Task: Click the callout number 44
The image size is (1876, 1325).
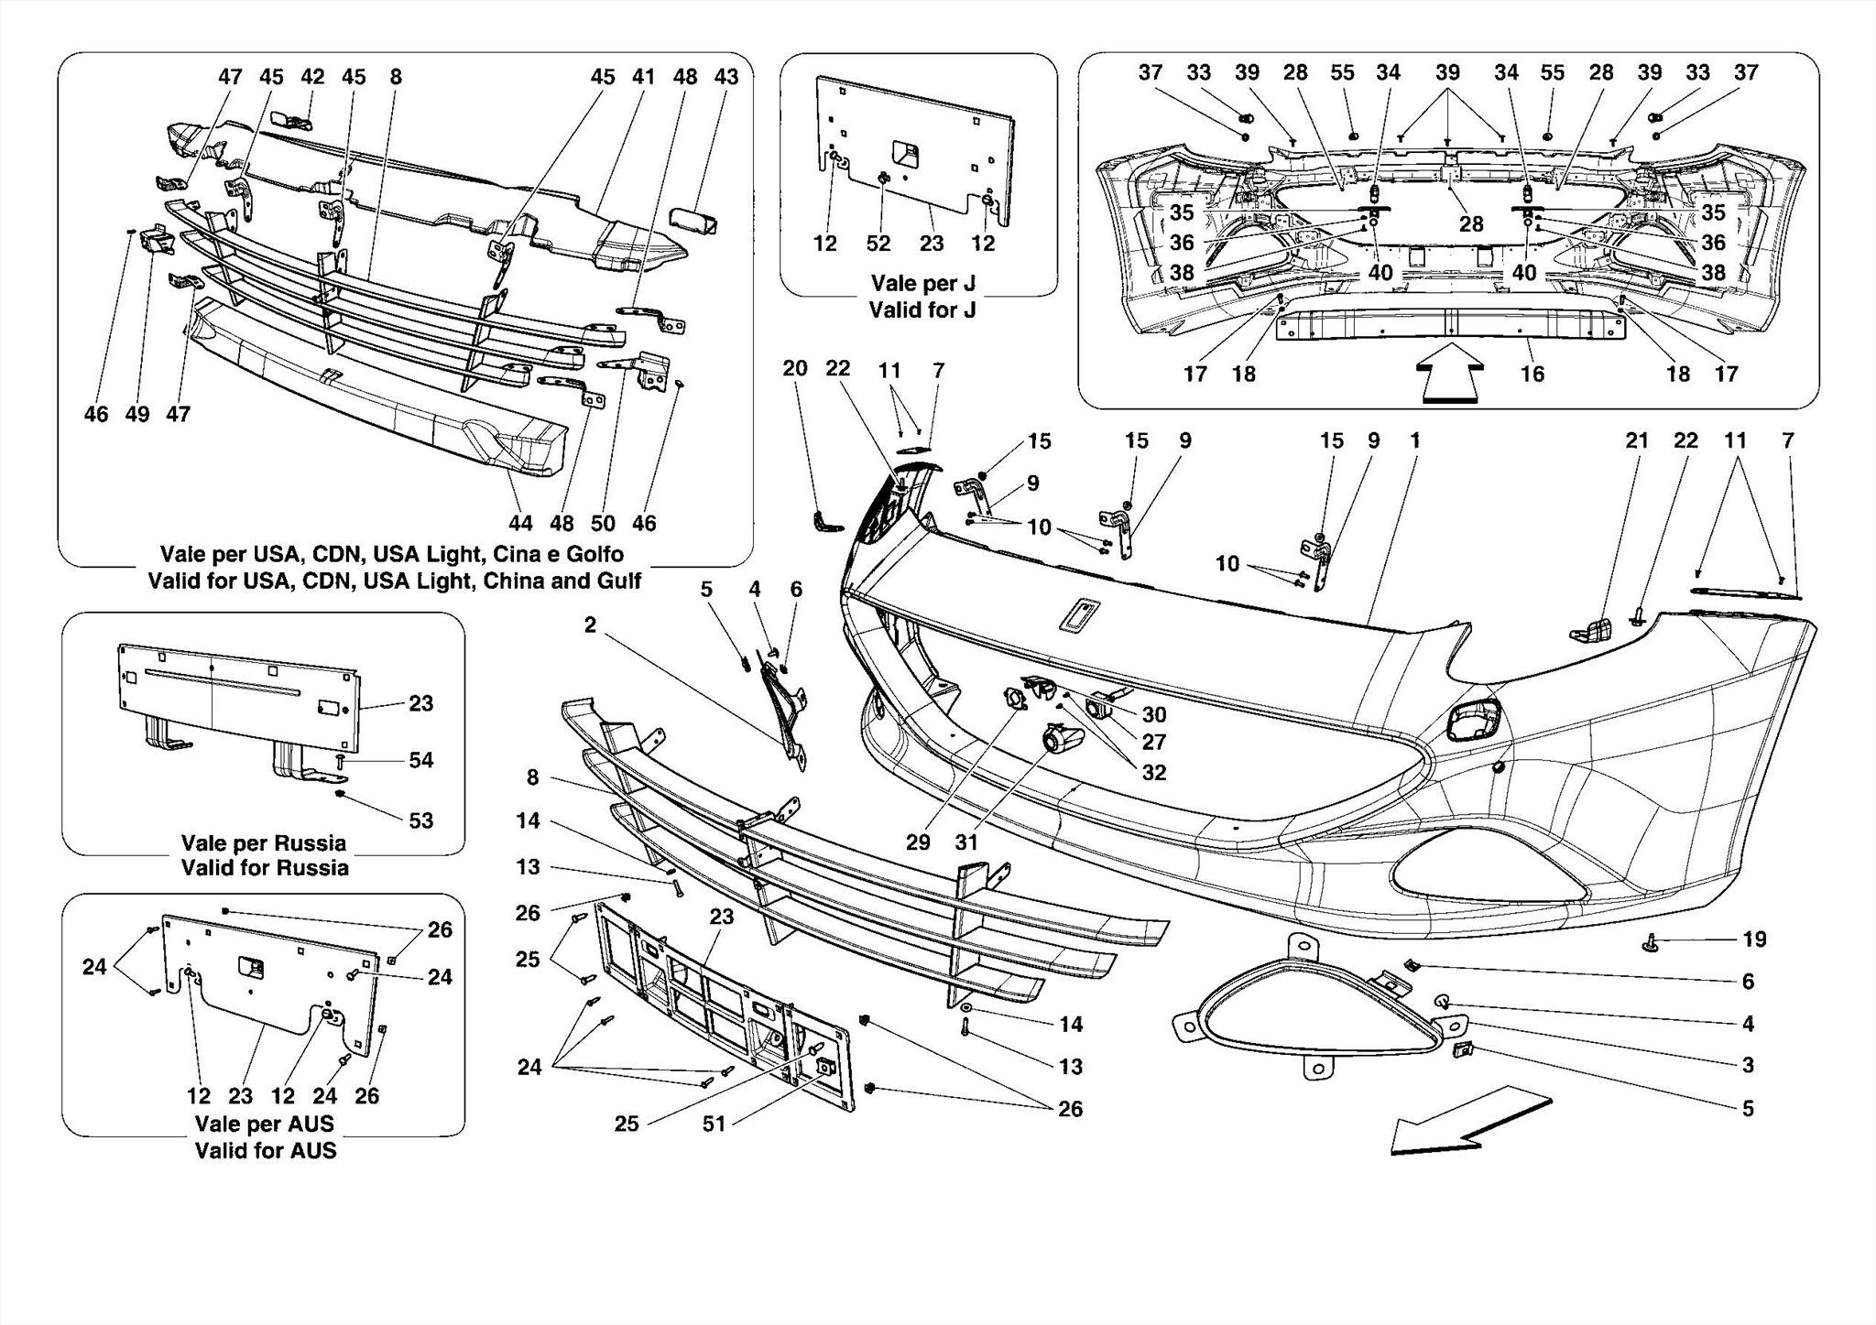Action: [x=520, y=523]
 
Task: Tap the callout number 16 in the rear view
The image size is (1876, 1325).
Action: [x=1532, y=374]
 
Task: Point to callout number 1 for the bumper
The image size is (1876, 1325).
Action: [x=1414, y=440]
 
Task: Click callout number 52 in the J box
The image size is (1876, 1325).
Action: [x=878, y=244]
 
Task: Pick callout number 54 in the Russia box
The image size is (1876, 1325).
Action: [x=420, y=760]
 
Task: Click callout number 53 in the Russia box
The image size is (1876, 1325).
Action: [x=420, y=820]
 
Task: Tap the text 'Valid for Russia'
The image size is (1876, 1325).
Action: [x=265, y=867]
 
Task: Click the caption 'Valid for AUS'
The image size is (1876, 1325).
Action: [x=265, y=1150]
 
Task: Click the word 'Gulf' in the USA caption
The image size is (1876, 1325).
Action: [x=616, y=581]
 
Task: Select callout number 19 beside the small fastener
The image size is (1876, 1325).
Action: [x=1753, y=939]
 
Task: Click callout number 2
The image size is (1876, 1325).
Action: [x=590, y=625]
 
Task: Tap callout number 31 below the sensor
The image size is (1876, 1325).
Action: [x=966, y=842]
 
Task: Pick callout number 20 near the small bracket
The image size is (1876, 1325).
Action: [x=795, y=368]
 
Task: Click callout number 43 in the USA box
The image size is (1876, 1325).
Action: [x=726, y=77]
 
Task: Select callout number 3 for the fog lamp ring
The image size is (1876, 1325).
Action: [x=1748, y=1065]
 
